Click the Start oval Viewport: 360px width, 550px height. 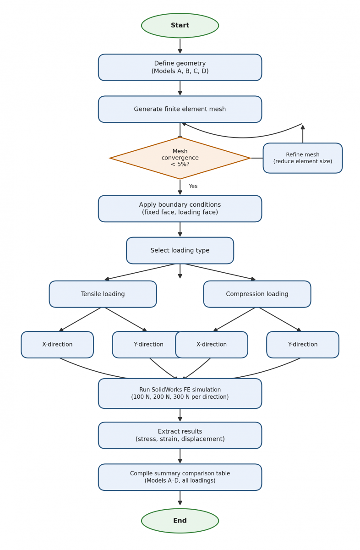180,26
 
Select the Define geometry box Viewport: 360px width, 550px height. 180,67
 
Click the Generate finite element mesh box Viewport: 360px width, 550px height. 180,109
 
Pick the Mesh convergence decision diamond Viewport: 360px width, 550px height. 180,158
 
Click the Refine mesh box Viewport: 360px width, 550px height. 303,158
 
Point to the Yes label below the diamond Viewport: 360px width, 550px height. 193,186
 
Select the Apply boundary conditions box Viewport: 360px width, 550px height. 180,209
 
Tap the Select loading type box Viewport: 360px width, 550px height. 180,250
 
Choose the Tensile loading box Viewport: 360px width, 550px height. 103,294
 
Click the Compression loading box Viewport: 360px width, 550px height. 257,294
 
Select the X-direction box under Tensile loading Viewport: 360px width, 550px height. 57,345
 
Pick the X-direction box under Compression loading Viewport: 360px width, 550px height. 212,345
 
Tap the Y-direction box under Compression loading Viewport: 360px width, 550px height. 303,345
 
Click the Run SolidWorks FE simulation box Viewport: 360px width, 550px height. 180,393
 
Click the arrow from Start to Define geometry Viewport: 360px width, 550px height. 180,46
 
